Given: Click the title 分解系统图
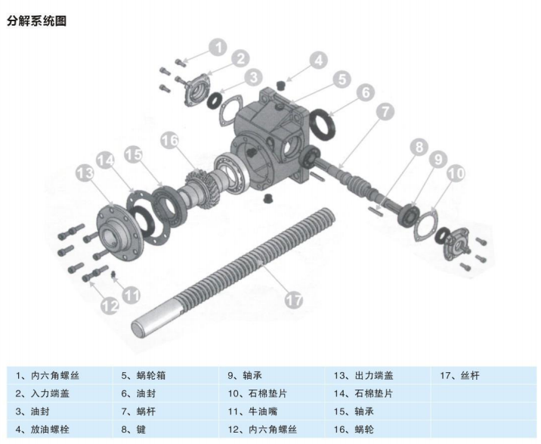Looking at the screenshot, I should [37, 20].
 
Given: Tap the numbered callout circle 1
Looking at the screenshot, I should [218, 48].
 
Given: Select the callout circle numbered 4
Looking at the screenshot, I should [317, 61].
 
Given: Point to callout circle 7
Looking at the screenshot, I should [385, 111].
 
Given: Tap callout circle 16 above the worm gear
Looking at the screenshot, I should [170, 141].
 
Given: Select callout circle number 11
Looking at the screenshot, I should [131, 294].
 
